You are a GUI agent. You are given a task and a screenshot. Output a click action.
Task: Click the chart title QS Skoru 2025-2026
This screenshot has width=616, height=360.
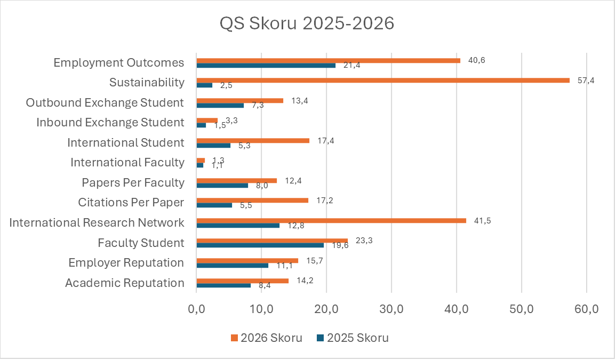[x=307, y=24]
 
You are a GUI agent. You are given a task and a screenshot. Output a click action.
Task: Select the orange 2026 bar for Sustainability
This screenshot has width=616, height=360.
[x=383, y=80]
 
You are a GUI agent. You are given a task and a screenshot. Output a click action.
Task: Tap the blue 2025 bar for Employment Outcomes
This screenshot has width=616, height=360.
[x=266, y=65]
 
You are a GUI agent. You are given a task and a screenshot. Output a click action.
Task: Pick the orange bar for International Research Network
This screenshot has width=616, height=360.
[x=331, y=220]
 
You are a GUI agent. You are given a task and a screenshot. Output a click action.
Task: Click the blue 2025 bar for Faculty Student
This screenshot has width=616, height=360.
[x=260, y=245]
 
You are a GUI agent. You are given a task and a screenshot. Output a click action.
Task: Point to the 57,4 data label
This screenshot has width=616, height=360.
[x=586, y=81]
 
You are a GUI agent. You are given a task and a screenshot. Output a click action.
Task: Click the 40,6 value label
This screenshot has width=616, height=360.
[x=477, y=60]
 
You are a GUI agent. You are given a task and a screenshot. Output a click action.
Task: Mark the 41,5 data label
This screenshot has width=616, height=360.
[x=483, y=221]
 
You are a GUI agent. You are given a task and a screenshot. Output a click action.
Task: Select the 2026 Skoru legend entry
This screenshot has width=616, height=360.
[x=267, y=338]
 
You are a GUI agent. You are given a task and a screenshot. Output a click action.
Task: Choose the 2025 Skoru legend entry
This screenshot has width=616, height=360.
[x=353, y=338]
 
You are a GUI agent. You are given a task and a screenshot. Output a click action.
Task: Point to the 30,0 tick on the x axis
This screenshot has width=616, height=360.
[x=391, y=310]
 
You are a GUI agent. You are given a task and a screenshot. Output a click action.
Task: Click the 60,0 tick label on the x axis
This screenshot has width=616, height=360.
[x=586, y=310]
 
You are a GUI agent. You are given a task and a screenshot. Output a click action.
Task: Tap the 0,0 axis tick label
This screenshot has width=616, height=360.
[x=197, y=310]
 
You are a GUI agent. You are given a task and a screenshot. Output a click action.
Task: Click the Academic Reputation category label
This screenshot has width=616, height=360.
[x=125, y=283]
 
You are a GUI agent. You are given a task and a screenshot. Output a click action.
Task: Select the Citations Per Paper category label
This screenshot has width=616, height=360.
[x=131, y=203]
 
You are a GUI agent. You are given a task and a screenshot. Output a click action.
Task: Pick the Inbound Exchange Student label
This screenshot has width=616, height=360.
[x=110, y=123]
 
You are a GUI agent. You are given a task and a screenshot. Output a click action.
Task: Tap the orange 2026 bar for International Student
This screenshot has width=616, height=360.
[x=253, y=140]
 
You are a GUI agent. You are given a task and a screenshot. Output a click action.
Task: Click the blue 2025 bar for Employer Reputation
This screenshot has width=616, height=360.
[x=233, y=265]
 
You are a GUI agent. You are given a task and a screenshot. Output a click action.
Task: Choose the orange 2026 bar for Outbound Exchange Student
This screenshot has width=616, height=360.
[x=240, y=100]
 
